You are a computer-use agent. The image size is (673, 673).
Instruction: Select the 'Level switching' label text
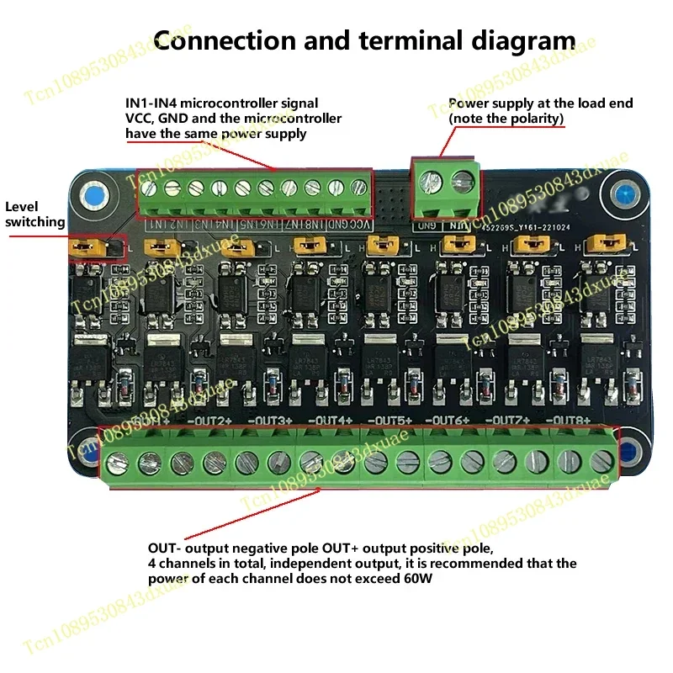coord(35,215)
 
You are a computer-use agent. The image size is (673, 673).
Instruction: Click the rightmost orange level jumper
coord(603,244)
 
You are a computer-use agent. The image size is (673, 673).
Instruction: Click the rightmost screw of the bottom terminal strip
coord(601,460)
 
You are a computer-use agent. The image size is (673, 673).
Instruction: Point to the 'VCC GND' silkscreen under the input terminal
coord(345,225)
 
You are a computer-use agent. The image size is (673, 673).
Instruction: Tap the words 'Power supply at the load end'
coord(540,103)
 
